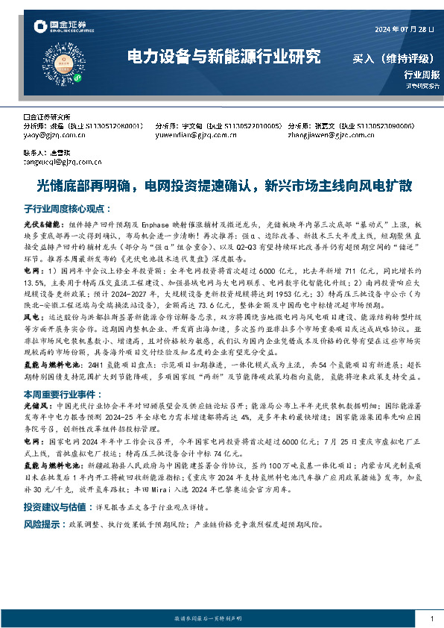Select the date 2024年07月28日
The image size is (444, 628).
[x=403, y=29]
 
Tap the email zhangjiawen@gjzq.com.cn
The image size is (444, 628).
[x=329, y=135]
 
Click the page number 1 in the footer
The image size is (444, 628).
[x=431, y=618]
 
